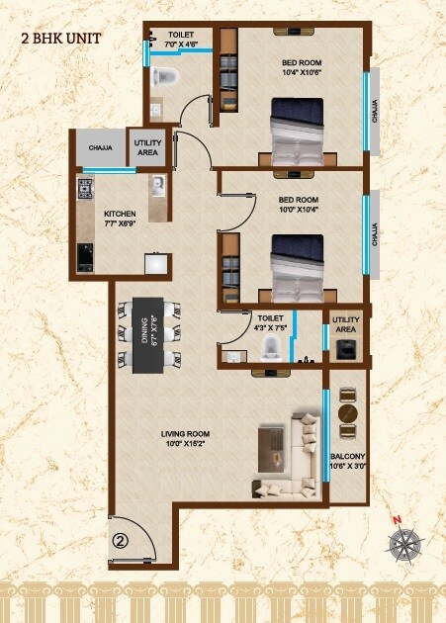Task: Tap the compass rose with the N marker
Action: pos(405,541)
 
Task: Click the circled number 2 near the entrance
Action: pos(120,541)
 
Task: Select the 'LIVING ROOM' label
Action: pos(187,438)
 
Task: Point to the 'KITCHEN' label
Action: pos(120,216)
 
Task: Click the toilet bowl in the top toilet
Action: pos(165,78)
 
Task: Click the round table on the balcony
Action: pos(346,413)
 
